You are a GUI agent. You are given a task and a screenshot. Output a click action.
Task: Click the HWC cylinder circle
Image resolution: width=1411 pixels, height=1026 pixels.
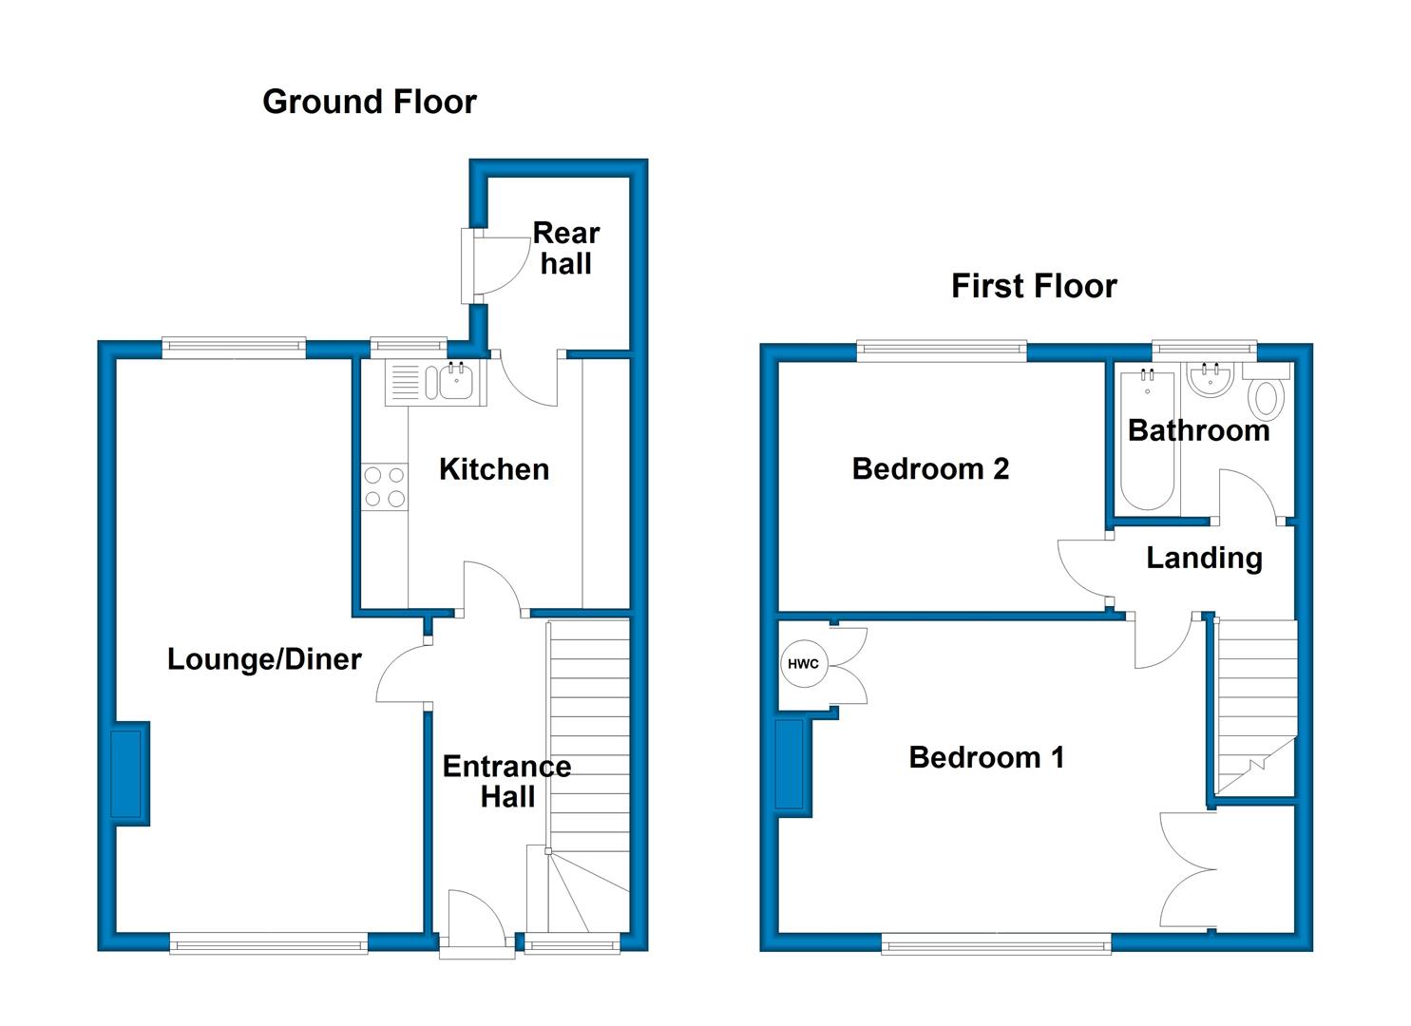(803, 664)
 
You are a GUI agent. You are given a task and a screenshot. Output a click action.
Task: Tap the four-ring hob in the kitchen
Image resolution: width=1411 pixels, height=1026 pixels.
(384, 486)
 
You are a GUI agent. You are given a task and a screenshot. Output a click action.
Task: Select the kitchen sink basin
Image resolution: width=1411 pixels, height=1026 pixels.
(456, 382)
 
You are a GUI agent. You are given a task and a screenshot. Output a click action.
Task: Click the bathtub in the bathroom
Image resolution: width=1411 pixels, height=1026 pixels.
(1147, 440)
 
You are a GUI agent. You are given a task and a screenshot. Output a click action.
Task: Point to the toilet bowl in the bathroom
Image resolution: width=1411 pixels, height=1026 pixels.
(1267, 398)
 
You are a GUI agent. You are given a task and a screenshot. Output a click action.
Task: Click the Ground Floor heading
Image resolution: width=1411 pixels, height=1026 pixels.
(370, 102)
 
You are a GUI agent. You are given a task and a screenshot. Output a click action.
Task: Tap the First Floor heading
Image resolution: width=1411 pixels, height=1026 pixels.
(1034, 286)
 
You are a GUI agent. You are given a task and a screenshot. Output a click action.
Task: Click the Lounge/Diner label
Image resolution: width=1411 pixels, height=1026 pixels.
(264, 660)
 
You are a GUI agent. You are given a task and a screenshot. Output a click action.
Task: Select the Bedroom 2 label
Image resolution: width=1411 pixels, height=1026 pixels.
(930, 469)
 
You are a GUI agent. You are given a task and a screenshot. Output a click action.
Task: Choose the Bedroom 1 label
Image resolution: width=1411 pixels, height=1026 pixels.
(986, 758)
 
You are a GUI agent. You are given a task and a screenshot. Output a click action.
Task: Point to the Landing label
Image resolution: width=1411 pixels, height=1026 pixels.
(1205, 559)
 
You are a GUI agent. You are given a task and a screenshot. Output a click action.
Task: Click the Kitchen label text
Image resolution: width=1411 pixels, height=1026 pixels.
(494, 470)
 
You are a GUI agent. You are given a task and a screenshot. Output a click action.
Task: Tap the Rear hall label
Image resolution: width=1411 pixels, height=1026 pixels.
(566, 249)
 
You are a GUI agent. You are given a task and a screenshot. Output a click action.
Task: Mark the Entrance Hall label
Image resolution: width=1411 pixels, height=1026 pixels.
(507, 782)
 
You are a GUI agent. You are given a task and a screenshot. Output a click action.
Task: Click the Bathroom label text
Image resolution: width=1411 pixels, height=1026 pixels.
(1198, 431)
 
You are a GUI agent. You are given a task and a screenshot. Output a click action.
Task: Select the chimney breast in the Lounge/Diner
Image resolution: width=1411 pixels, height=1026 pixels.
(130, 774)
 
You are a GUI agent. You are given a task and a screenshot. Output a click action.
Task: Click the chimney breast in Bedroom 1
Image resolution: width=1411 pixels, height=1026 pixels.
(793, 769)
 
